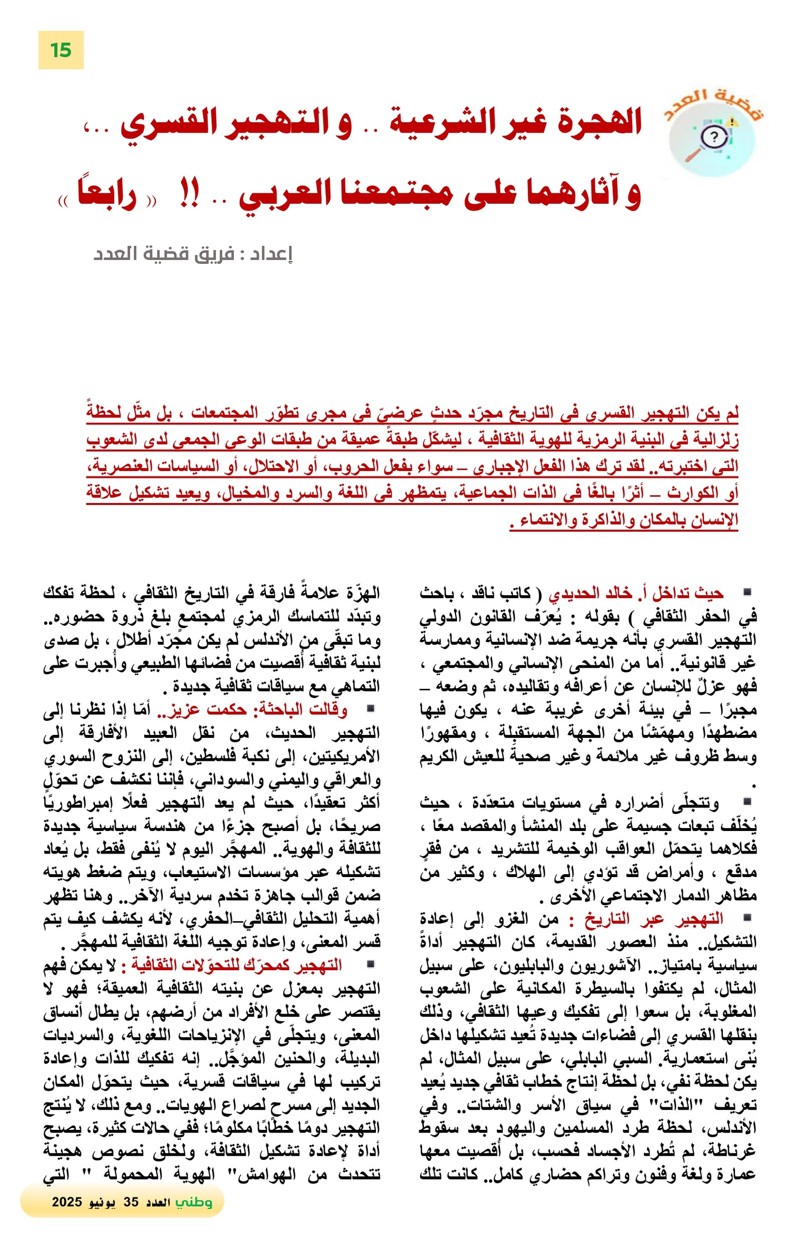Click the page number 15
[60, 51]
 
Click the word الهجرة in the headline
[605, 123]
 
